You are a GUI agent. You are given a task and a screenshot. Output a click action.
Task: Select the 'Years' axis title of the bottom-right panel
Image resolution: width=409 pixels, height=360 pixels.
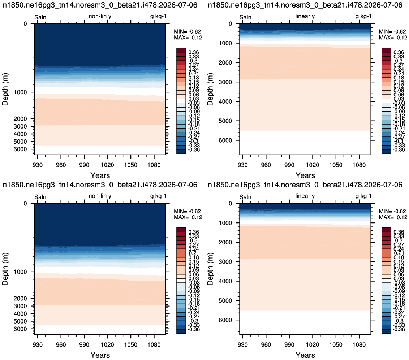click(305, 355)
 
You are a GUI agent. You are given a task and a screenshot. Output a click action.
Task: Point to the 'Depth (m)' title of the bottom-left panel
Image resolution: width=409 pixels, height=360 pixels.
click(5, 269)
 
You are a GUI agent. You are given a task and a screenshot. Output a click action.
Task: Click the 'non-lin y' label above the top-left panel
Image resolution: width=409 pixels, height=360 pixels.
click(100, 16)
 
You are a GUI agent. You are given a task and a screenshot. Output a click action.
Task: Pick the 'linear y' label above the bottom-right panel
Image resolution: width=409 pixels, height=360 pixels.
click(305, 196)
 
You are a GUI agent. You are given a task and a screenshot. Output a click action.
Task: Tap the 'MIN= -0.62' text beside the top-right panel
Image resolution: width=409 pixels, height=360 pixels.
click(392, 31)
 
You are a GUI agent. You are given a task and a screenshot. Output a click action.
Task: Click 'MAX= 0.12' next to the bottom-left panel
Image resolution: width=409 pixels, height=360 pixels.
click(188, 217)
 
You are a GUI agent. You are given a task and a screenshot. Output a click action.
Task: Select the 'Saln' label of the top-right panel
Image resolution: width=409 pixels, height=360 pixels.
click(245, 17)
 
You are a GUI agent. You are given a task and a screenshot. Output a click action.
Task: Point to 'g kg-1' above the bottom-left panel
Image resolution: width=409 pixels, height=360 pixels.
click(158, 196)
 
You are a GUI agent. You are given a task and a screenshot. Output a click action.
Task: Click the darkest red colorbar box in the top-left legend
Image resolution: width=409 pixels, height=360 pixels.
click(181, 50)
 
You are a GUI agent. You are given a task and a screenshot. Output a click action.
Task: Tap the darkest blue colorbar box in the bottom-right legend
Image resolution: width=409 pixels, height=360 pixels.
click(386, 331)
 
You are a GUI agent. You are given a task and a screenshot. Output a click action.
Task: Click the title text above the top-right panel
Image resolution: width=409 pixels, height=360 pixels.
click(305, 5)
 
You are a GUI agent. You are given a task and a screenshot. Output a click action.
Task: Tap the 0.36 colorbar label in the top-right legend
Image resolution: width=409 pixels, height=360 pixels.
click(399, 52)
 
